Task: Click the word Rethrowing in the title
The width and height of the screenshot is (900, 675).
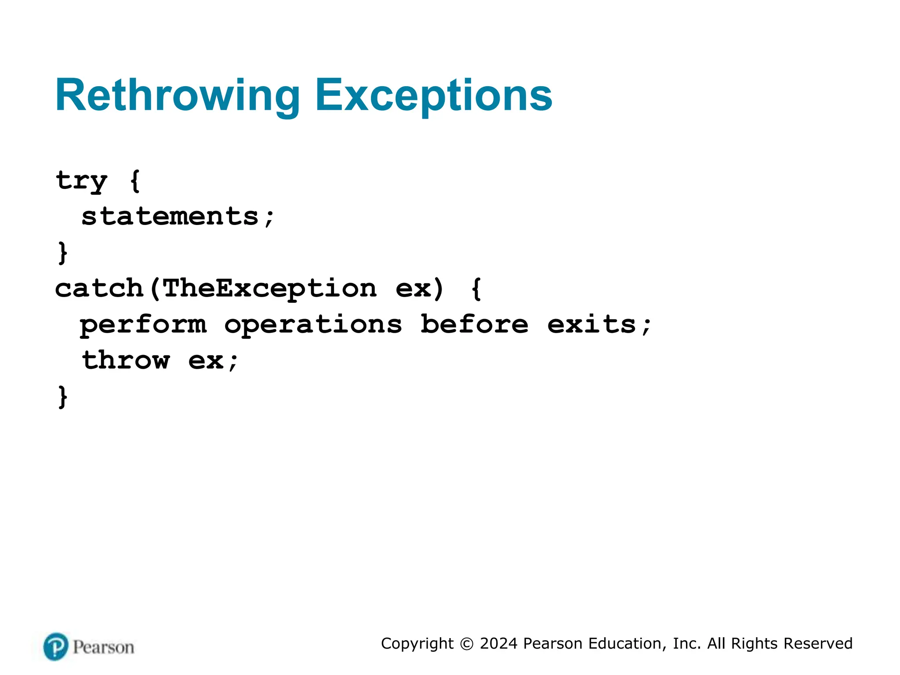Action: (177, 96)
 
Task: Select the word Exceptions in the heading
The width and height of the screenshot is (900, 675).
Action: (433, 96)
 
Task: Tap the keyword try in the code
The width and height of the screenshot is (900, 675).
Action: (81, 181)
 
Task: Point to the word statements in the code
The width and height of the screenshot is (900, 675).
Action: (170, 216)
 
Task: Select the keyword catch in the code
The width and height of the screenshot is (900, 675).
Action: (99, 288)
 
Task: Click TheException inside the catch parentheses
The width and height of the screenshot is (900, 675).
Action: (269, 288)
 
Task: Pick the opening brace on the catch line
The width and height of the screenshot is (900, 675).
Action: (476, 288)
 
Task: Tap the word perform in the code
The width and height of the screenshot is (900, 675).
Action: (143, 325)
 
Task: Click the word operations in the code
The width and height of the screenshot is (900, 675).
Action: (313, 325)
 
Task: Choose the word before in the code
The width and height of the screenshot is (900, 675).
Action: (474, 325)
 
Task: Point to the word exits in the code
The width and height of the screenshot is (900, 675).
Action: (592, 325)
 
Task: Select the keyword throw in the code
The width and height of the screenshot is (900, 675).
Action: (126, 360)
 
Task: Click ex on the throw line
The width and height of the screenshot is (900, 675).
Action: (206, 361)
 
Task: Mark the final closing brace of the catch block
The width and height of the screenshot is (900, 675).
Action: (63, 397)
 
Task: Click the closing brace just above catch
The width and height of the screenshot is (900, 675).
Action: (63, 253)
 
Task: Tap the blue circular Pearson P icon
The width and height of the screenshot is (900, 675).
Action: (56, 646)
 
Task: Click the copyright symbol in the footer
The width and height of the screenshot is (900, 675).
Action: (466, 644)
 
